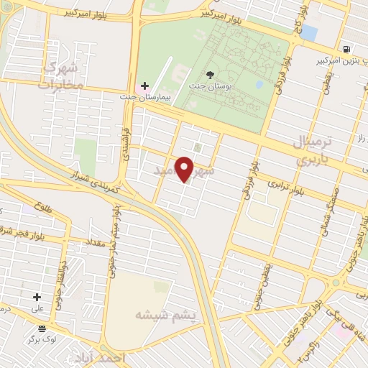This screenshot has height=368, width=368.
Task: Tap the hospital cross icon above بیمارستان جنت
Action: [x=144, y=86]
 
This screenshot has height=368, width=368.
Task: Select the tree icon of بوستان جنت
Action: [x=210, y=74]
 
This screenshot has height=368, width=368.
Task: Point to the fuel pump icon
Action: [x=347, y=49]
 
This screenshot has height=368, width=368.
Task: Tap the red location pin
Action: [x=185, y=170]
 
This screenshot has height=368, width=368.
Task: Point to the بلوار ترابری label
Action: [x=285, y=188]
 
